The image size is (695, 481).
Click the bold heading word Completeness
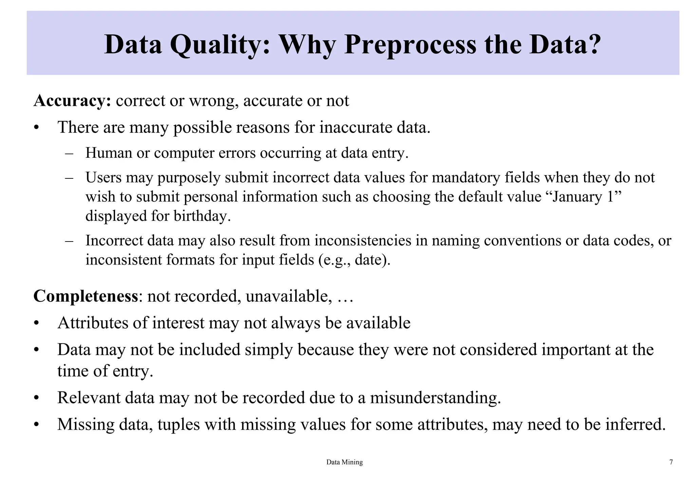(x=86, y=296)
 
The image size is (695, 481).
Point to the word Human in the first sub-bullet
(x=109, y=153)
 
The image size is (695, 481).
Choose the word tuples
(x=179, y=425)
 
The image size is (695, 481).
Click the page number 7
(x=671, y=462)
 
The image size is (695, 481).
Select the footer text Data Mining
(x=344, y=462)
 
